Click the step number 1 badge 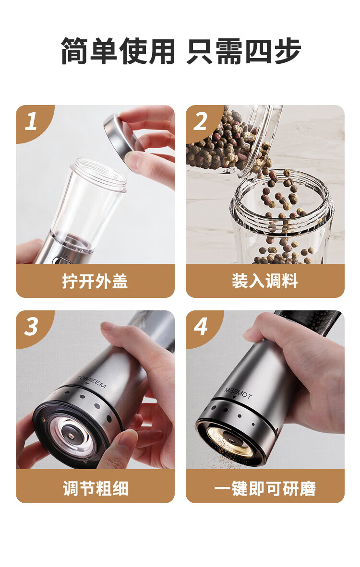tap(32, 121)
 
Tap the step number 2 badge tap(201, 121)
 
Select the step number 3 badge tap(32, 327)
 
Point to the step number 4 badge tap(201, 327)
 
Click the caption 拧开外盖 tap(95, 281)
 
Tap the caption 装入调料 tap(265, 281)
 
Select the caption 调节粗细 tap(96, 488)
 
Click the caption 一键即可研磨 tap(265, 488)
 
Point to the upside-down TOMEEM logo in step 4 tap(238, 393)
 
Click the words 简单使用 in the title tap(118, 51)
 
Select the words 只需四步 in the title tap(244, 51)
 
